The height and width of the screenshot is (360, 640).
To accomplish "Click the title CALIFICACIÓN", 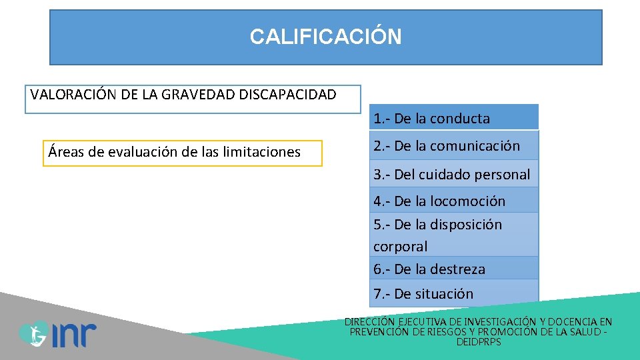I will [325, 37].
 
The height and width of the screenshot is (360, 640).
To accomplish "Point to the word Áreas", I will [66, 152].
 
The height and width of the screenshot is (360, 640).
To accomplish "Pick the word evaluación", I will [136, 152].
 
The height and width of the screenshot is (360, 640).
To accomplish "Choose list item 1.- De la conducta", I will [432, 119].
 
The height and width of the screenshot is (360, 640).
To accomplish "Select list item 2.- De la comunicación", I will [447, 146].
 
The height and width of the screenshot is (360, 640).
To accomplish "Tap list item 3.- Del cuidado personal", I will [452, 175].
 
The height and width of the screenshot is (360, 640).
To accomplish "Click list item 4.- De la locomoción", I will [439, 201].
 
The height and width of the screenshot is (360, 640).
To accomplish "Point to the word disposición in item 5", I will [466, 225].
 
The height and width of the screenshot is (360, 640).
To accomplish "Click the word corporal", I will [401, 246].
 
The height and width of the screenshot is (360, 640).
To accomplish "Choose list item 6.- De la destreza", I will [429, 269].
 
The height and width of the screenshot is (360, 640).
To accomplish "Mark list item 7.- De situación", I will [423, 293].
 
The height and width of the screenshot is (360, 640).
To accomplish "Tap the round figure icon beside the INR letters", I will [32, 333].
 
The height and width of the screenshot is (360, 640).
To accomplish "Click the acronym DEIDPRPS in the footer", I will [479, 342].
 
